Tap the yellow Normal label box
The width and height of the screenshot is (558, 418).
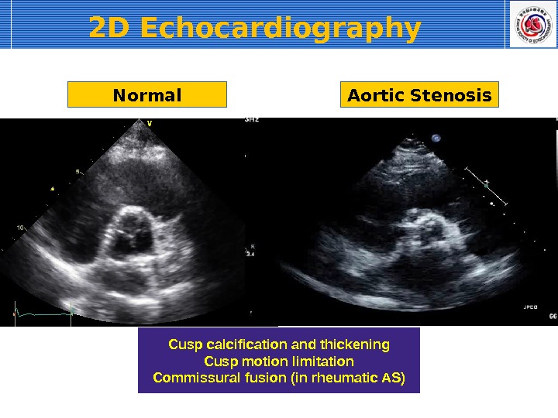tap(147, 95)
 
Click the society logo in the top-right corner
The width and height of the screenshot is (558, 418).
tap(532, 24)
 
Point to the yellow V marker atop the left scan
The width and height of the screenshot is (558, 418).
tap(149, 122)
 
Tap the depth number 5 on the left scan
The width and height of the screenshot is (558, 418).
tap(77, 171)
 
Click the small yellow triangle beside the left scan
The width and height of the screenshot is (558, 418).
tap(52, 188)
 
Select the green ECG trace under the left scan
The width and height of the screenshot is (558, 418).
tap(43, 313)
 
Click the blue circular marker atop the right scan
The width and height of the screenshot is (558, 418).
tap(436, 139)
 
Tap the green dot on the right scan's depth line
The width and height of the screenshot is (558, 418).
tap(487, 184)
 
